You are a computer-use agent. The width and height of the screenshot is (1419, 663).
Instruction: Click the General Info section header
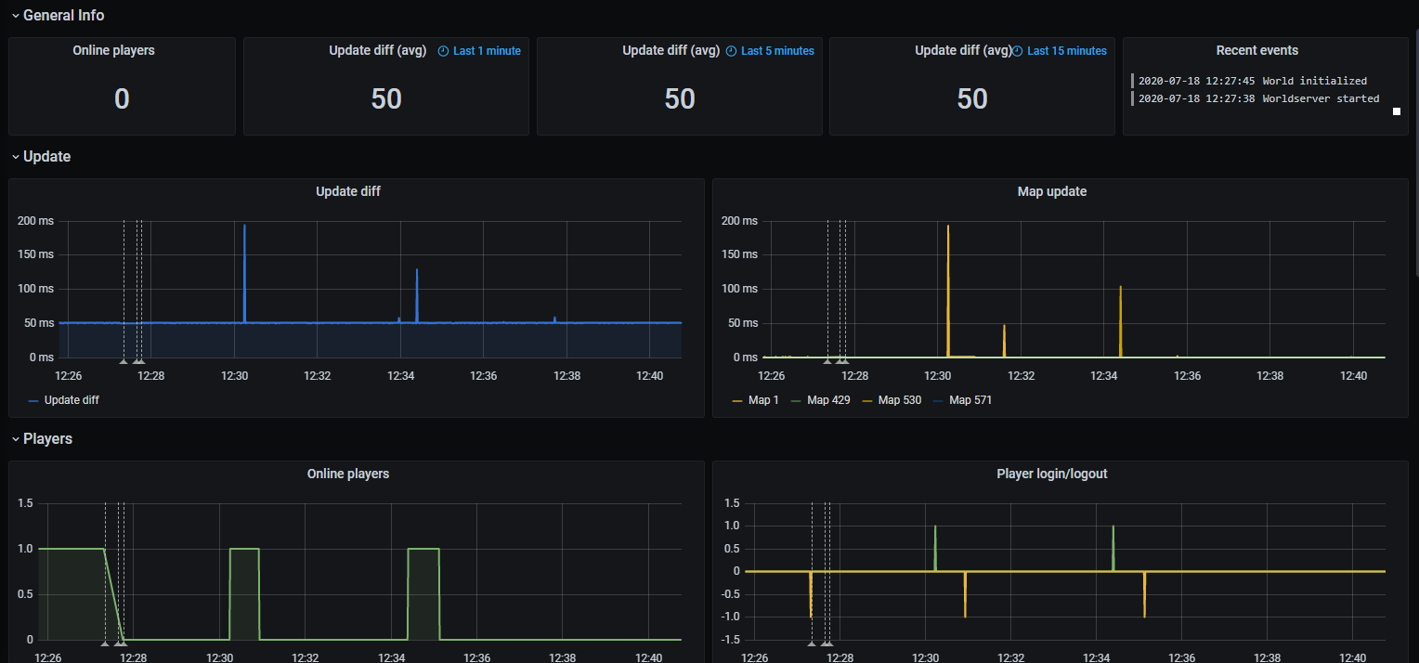[63, 15]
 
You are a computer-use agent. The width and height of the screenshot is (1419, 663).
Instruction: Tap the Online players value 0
[122, 98]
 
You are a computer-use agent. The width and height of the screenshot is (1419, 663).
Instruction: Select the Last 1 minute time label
[486, 51]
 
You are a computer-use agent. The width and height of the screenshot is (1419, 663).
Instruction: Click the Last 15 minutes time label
[1066, 51]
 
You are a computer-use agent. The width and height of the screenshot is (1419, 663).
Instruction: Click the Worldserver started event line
[1258, 98]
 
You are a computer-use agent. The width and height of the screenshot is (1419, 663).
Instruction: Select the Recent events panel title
[1256, 50]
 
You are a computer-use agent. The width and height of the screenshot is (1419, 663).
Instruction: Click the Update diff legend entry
[71, 400]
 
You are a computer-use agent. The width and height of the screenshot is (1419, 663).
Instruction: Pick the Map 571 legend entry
[970, 400]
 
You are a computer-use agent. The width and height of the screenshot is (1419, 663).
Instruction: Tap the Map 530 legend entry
[899, 400]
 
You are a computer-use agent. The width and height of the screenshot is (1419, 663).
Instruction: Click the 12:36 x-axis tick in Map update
[1187, 376]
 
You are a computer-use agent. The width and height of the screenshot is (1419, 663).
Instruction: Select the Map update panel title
[1051, 191]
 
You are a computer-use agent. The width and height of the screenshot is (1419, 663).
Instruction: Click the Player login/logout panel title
[1051, 474]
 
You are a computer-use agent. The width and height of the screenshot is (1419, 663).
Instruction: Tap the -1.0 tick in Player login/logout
[731, 617]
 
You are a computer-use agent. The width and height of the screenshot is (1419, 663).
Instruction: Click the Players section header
[47, 438]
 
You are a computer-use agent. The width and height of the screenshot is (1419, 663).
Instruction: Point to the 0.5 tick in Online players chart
[24, 594]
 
